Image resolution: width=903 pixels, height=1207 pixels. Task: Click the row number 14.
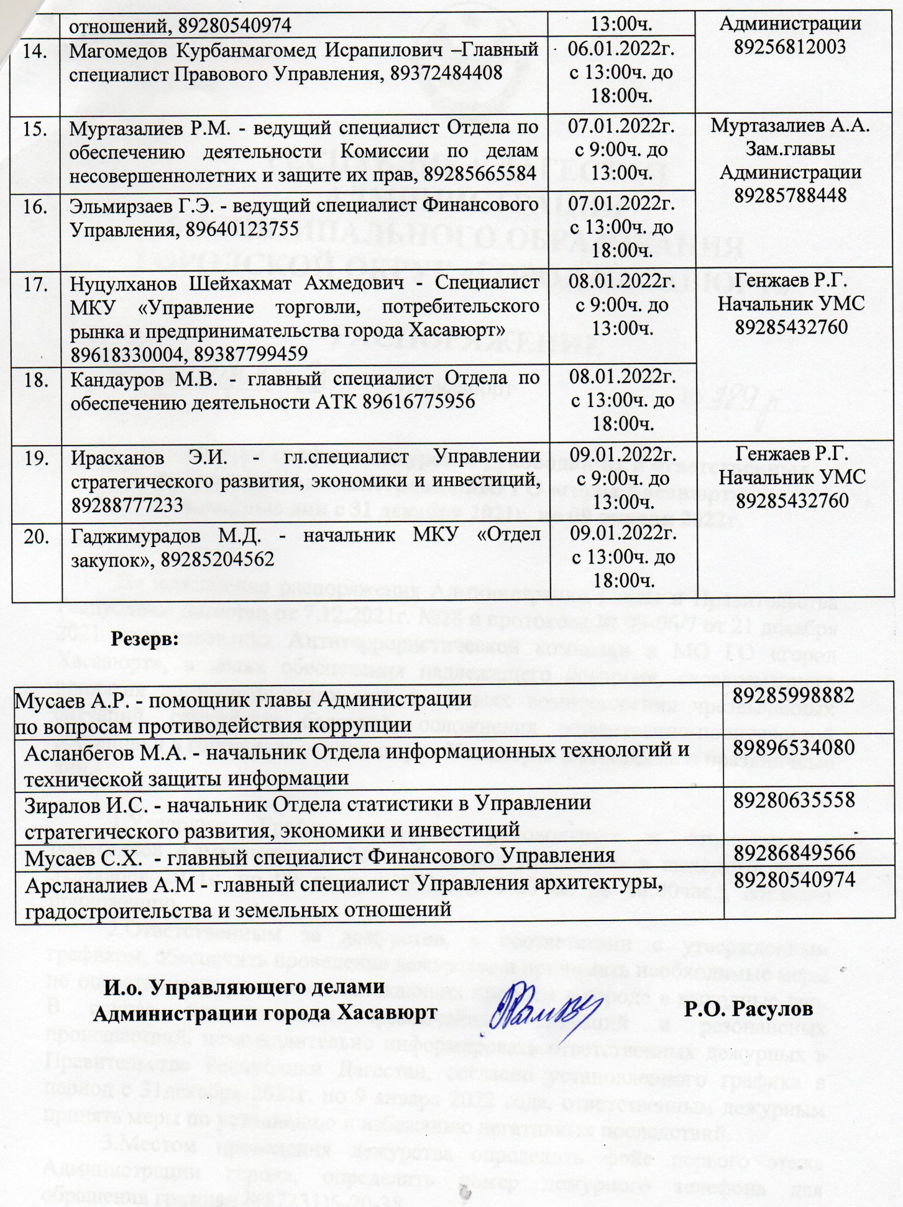(36, 51)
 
